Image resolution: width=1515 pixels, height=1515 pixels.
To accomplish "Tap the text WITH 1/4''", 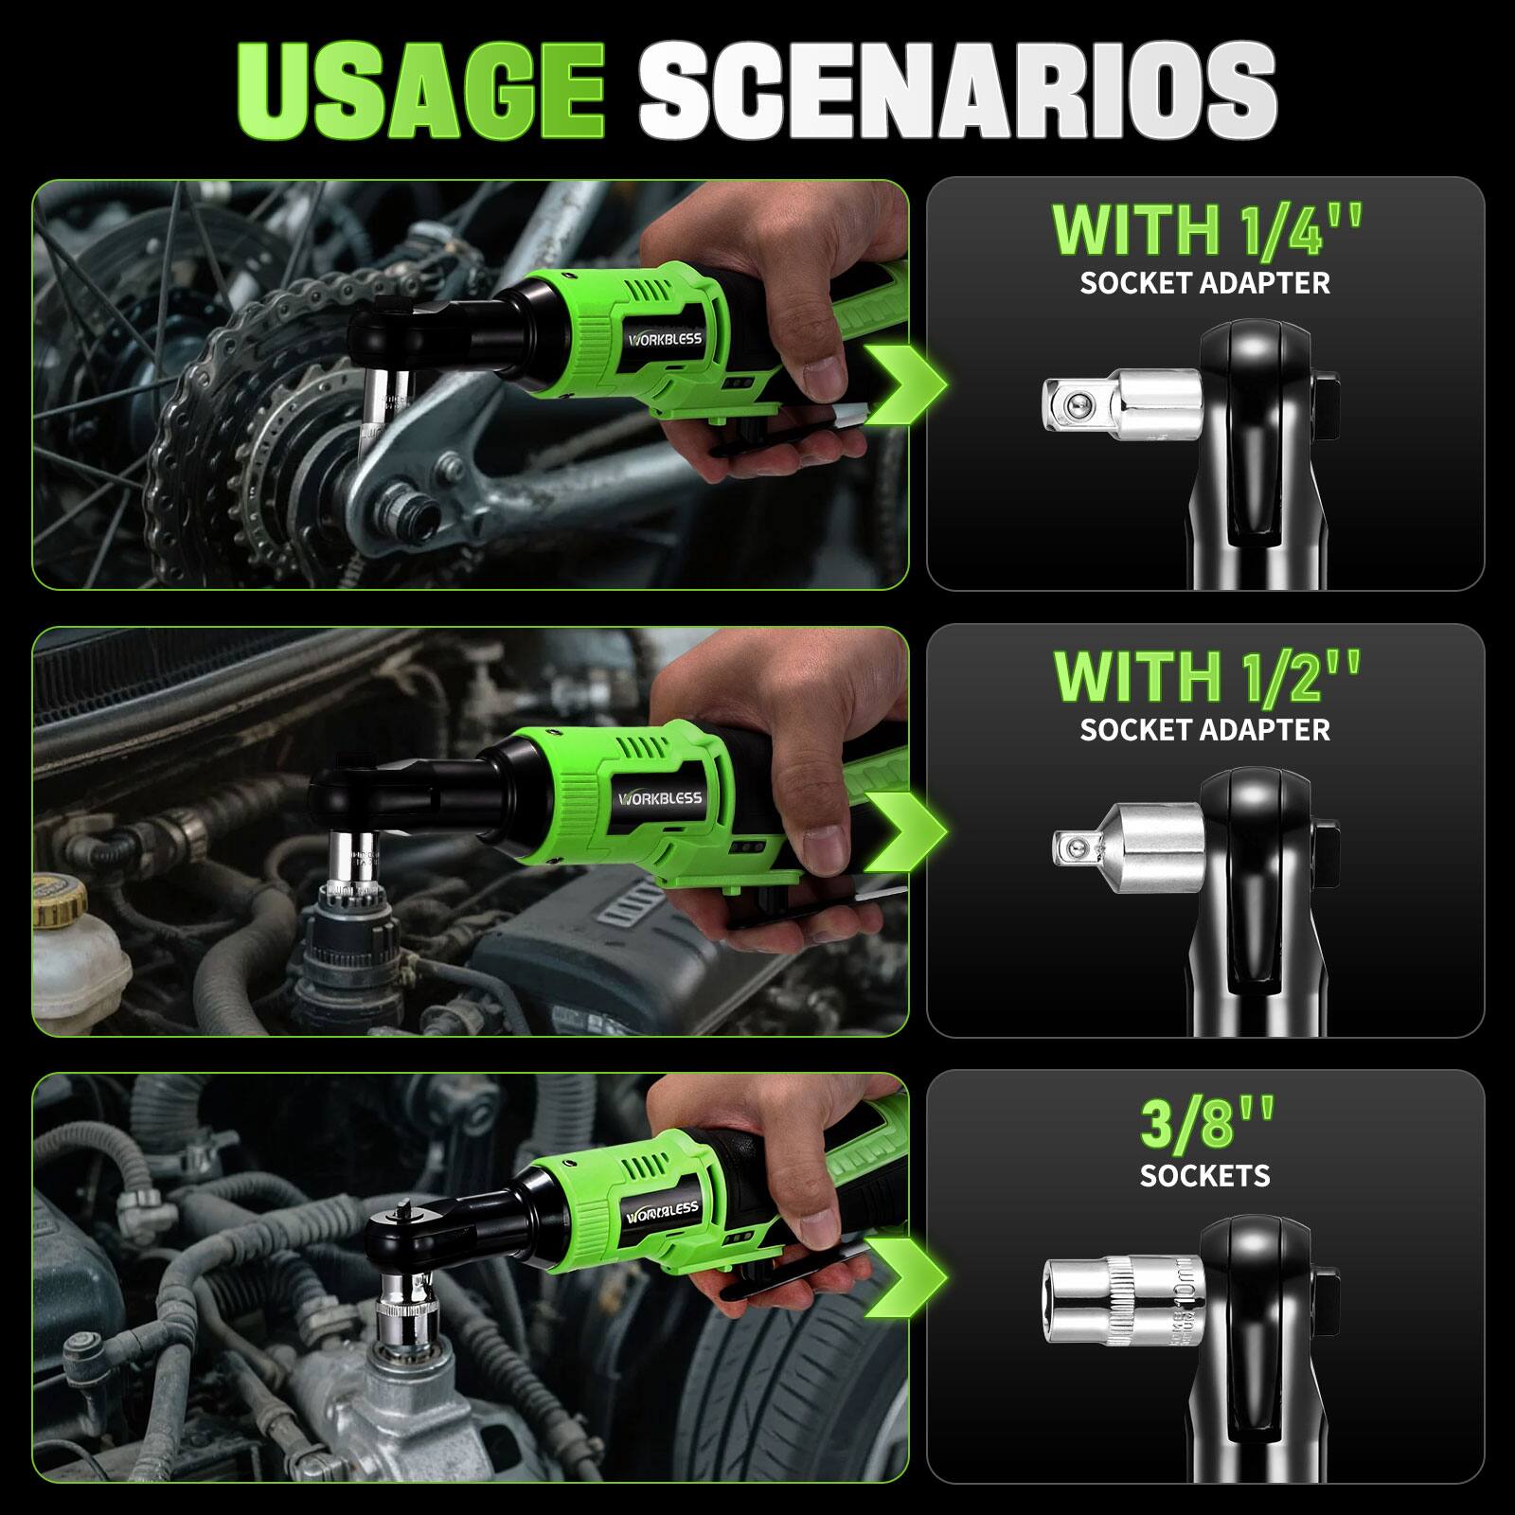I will pyautogui.click(x=1205, y=228).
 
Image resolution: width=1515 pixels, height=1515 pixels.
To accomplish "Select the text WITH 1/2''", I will pyautogui.click(x=1205, y=675).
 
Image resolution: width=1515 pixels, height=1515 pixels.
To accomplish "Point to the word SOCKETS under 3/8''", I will pyautogui.click(x=1205, y=1175).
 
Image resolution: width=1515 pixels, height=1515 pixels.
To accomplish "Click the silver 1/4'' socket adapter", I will pyautogui.click(x=1122, y=405).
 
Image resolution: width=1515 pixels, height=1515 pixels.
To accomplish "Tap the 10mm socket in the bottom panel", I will pyautogui.click(x=1122, y=1298).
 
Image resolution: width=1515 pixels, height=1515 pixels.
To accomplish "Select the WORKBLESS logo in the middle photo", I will pyautogui.click(x=661, y=797).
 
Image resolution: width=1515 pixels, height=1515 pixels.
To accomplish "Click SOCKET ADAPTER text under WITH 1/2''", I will pyautogui.click(x=1205, y=729).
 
